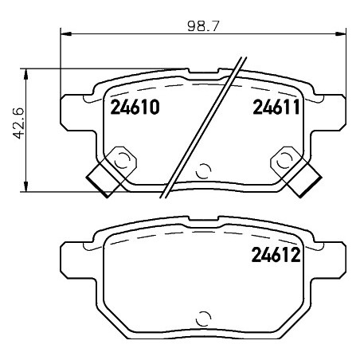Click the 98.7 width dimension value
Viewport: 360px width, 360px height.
[203, 26]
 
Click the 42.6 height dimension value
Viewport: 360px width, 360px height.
[18, 123]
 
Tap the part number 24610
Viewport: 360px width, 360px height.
[135, 108]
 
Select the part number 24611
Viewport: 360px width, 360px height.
[276, 107]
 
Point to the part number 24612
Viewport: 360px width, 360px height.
[276, 255]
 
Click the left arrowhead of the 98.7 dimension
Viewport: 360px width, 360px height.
[66, 33]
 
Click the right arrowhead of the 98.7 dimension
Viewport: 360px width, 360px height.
[341, 33]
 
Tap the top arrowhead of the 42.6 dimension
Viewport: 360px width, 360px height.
[25, 74]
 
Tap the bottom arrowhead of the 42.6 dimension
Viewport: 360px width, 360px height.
[25, 186]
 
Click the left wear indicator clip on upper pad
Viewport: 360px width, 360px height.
[112, 171]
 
